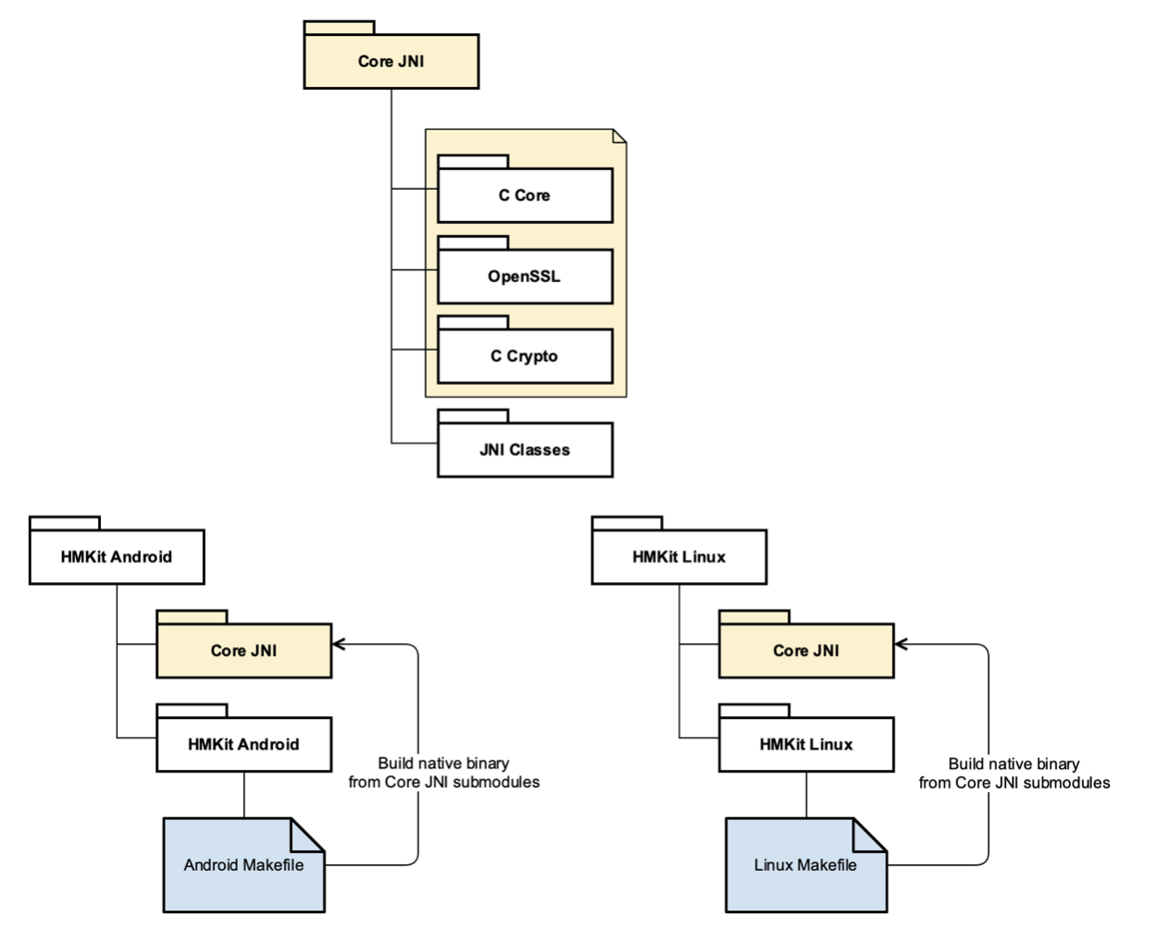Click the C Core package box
tap(525, 195)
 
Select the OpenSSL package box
tap(525, 276)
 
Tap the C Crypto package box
tap(525, 356)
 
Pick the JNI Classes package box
tap(525, 450)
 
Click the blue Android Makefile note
tap(243, 865)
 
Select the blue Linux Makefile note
tap(805, 865)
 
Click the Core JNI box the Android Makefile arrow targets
tap(243, 651)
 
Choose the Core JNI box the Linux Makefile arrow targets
tap(805, 651)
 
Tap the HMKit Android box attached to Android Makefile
tap(243, 744)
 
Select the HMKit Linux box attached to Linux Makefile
tap(805, 744)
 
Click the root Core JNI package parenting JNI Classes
tap(391, 61)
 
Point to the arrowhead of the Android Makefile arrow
tap(338, 644)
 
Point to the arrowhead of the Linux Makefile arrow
tap(901, 644)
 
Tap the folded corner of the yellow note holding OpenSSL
tap(619, 136)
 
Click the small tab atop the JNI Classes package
tap(473, 415)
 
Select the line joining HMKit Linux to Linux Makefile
tap(805, 795)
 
